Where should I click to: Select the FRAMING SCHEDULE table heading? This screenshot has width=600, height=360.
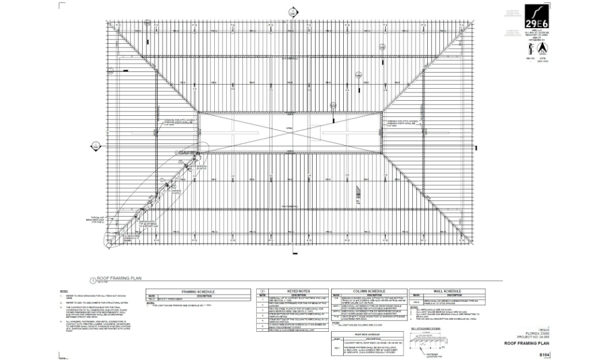pyautogui.click(x=198, y=290)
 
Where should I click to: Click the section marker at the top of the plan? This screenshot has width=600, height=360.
pyautogui.click(x=293, y=10)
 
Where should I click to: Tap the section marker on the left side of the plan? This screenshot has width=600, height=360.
pyautogui.click(x=95, y=144)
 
